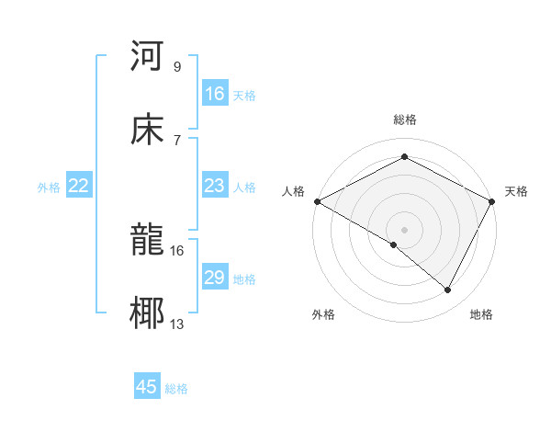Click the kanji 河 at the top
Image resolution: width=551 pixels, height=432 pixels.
pos(148,56)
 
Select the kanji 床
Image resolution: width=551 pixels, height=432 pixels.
pos(148,130)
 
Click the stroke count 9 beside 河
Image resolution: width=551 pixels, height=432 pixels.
pos(176,67)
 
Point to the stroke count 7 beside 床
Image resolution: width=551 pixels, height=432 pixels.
pos(176,140)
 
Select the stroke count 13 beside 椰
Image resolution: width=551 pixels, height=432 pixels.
pos(177,324)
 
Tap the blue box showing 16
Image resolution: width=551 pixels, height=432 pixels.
pos(215,94)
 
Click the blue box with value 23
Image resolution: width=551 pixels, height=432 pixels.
pos(215,187)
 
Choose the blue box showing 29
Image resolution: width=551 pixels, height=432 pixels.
pos(215,279)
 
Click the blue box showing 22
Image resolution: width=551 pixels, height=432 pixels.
pos(79,187)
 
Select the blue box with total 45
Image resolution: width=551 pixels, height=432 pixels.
pos(147,387)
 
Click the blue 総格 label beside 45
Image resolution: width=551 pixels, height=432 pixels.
pos(177,389)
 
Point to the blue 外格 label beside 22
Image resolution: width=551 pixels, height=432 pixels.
pos(49,188)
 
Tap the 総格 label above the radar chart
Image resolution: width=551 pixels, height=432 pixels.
pos(405,119)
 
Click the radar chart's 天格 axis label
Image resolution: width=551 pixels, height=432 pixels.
pos(516,191)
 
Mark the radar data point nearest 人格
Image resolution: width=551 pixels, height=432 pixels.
pos(317,201)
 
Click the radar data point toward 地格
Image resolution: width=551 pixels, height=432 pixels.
pos(448,290)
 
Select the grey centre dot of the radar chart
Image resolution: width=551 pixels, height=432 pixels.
pos(405,229)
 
